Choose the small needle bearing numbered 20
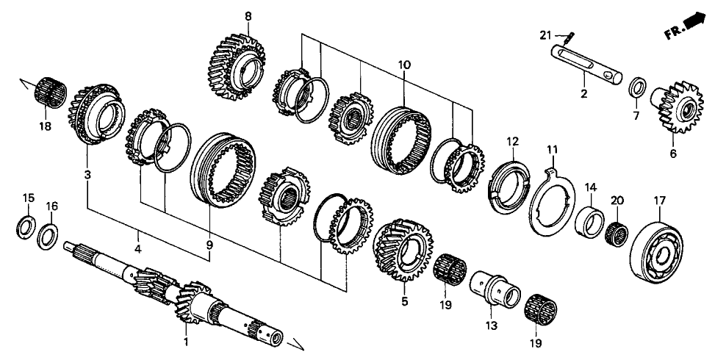point(617,232)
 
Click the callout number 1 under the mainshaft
point(185,342)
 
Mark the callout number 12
point(511,140)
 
